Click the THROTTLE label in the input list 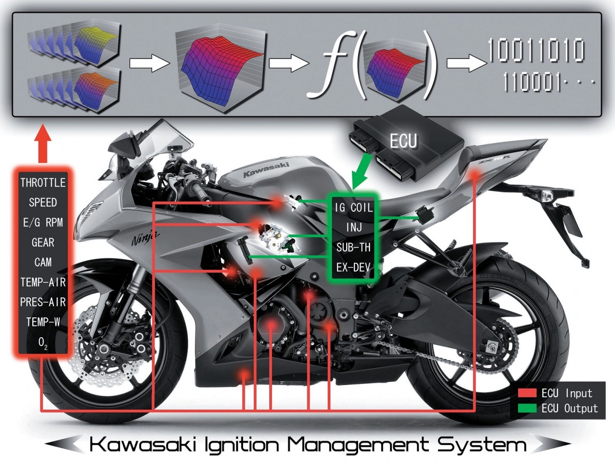(43, 183)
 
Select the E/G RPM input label (43, 223)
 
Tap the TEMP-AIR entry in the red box (43, 282)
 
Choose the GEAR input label (43, 242)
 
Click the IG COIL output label (353, 207)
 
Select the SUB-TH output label (353, 247)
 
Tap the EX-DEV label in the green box (353, 267)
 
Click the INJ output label (353, 227)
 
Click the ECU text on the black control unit (403, 141)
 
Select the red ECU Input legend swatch (527, 393)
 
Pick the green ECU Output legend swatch (527, 408)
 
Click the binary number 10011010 (536, 50)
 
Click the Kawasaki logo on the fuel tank (266, 169)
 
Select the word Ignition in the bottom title (242, 445)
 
